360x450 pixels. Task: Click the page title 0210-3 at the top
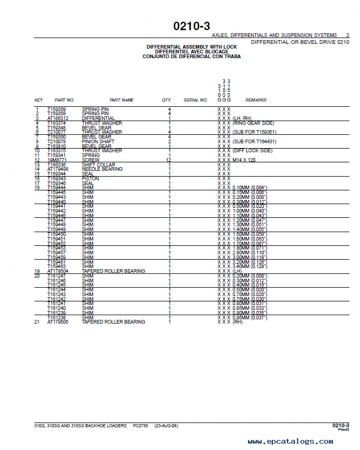[x=191, y=26]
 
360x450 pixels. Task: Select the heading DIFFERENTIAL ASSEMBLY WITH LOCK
[x=192, y=47]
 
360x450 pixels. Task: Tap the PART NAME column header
[x=122, y=100]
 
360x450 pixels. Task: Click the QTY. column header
[x=167, y=100]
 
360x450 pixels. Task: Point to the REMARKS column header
[x=256, y=100]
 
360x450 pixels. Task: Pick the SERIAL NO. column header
[x=196, y=100]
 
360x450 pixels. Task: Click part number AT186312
[x=59, y=118]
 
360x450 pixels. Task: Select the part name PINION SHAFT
[x=98, y=142]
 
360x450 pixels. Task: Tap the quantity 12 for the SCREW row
[x=169, y=160]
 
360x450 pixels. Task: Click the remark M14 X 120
[x=244, y=160]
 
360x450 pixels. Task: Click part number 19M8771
[x=57, y=160]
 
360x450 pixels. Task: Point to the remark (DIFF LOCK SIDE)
[x=253, y=151]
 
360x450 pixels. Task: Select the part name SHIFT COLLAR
[x=98, y=164]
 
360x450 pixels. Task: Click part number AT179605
[x=59, y=322]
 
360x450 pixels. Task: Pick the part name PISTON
[x=90, y=179]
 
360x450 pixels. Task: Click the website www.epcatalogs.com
[x=290, y=442]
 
